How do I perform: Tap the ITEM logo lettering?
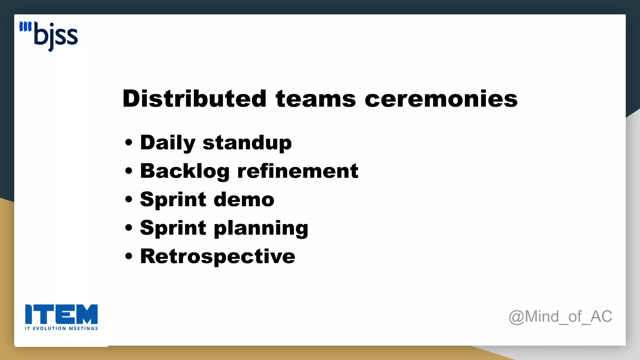click(x=61, y=314)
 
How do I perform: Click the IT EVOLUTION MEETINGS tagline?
click(x=61, y=328)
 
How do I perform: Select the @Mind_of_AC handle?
click(x=560, y=317)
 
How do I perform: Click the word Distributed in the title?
click(x=194, y=99)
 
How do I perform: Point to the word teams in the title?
click(x=316, y=99)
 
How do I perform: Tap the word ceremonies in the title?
click(x=441, y=99)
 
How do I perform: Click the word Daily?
click(x=168, y=143)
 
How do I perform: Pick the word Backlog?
click(x=185, y=171)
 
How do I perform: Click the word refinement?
click(x=297, y=171)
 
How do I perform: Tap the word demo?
click(x=244, y=199)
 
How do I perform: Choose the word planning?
click(x=261, y=228)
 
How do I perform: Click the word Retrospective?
click(x=217, y=256)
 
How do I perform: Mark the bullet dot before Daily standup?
click(x=128, y=143)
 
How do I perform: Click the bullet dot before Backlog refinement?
click(x=128, y=171)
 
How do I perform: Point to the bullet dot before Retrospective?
click(x=128, y=256)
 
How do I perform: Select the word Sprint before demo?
click(x=173, y=199)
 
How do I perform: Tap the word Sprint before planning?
click(x=173, y=228)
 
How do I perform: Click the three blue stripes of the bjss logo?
click(x=25, y=27)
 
